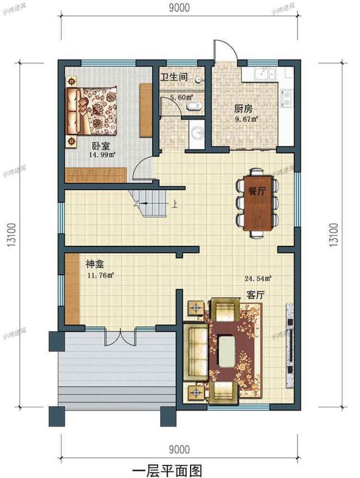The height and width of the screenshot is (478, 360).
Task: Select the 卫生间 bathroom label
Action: point(174,77)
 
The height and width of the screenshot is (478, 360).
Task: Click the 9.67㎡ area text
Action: point(246,119)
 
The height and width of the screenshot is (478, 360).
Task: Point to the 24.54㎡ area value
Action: point(258,278)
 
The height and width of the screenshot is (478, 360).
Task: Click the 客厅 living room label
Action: point(255,294)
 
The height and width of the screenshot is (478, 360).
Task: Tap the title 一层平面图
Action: point(166,469)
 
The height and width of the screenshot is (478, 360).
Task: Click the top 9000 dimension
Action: point(178,7)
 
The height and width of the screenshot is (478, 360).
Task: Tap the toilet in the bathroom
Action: point(193,105)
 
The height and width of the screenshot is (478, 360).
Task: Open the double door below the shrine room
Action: point(119,337)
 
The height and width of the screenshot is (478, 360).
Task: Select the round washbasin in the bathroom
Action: point(196,133)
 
